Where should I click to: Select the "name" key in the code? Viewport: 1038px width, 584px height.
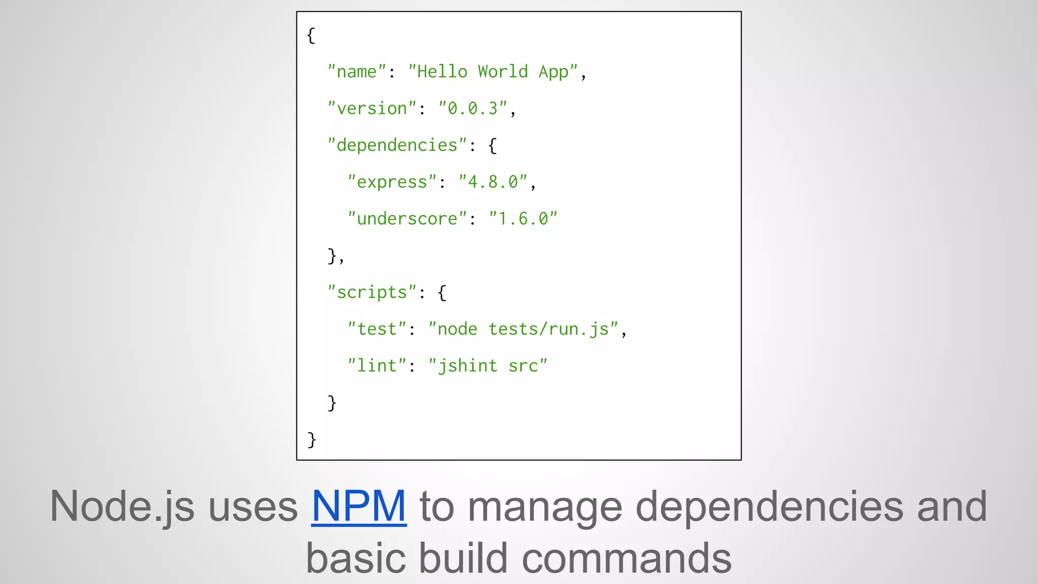coord(357,72)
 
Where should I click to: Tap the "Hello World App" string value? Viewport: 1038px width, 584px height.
coord(493,72)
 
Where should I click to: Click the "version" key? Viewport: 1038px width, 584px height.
coord(372,108)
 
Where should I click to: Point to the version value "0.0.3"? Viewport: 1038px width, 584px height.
coord(473,108)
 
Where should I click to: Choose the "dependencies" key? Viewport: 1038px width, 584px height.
coord(397,145)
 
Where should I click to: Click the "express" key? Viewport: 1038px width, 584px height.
coord(392,182)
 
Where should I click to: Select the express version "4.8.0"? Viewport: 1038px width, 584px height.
coord(493,182)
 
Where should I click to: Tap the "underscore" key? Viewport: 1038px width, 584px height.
coord(407,219)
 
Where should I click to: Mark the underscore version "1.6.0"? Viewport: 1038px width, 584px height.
coord(523,219)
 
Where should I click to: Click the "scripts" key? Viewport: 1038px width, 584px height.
coord(372,293)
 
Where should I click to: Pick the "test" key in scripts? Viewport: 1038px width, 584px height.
coord(377,329)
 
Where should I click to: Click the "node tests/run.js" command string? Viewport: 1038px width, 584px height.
coord(523,329)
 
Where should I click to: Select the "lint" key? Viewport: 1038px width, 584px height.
coord(377,366)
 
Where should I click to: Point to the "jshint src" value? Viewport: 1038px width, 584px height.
coord(488,366)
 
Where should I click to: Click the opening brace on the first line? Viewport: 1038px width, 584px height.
coord(311,35)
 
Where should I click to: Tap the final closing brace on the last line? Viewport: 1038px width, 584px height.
coord(312,440)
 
